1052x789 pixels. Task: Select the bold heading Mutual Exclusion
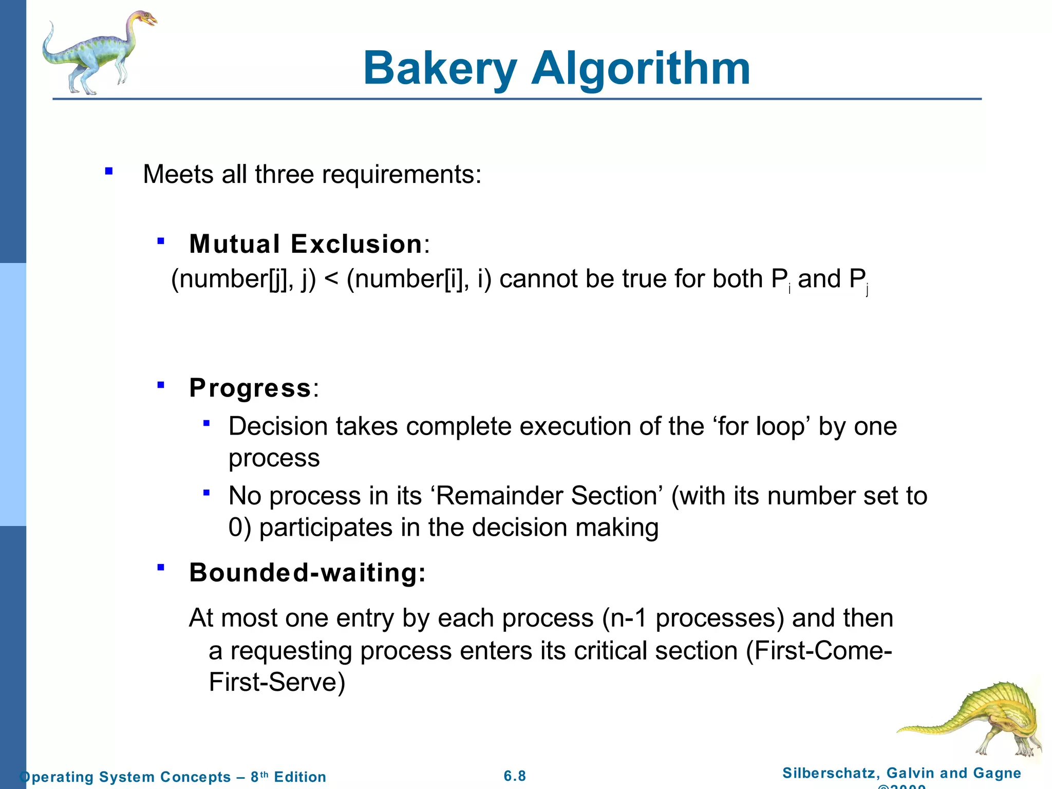(306, 244)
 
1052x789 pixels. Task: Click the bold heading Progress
(250, 388)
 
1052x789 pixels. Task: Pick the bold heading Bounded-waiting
(307, 573)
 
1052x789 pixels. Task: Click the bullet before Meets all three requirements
(108, 172)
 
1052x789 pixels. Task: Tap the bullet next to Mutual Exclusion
(161, 240)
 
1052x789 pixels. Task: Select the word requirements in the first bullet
(401, 175)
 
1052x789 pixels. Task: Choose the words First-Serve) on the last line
(277, 683)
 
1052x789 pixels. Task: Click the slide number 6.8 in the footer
(515, 776)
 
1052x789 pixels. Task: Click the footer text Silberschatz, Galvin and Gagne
(901, 773)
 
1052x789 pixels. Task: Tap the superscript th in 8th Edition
(264, 774)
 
